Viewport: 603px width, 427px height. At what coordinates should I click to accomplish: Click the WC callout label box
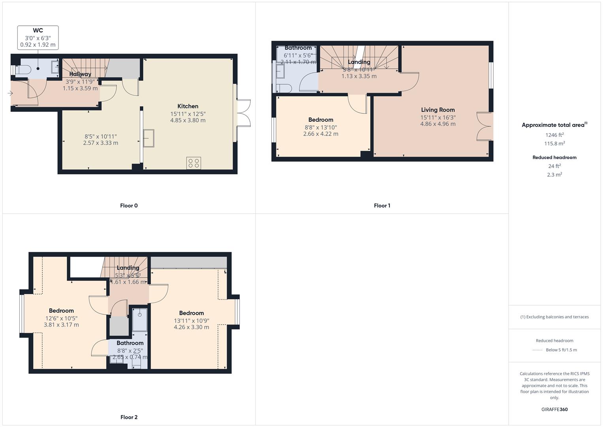38,38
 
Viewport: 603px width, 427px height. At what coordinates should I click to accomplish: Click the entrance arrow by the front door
10,93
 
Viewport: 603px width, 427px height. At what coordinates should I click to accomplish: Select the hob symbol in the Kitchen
193,163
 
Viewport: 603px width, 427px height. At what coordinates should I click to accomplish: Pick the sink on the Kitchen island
148,138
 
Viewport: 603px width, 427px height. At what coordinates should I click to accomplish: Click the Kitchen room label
188,106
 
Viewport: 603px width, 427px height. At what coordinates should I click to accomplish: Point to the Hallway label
80,74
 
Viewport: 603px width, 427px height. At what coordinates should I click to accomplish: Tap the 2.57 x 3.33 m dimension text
100,143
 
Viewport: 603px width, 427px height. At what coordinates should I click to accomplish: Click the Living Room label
438,110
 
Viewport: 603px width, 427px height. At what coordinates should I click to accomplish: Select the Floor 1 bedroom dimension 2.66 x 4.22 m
321,134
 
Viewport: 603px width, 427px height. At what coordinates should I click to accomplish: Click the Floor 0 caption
129,206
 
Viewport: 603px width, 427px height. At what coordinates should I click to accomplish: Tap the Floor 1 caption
382,206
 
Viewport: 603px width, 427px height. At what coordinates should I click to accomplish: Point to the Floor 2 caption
129,417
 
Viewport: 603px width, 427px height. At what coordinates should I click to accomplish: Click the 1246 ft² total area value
554,135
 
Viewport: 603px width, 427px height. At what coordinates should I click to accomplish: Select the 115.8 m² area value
554,144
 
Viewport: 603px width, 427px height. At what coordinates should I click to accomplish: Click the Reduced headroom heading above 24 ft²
554,157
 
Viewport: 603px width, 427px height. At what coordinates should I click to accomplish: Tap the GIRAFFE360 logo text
554,409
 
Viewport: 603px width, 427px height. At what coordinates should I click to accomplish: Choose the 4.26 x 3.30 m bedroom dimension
192,327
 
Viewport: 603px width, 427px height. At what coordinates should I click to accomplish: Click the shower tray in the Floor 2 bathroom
139,319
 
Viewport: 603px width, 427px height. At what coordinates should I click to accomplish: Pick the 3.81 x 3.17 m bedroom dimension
61,325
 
